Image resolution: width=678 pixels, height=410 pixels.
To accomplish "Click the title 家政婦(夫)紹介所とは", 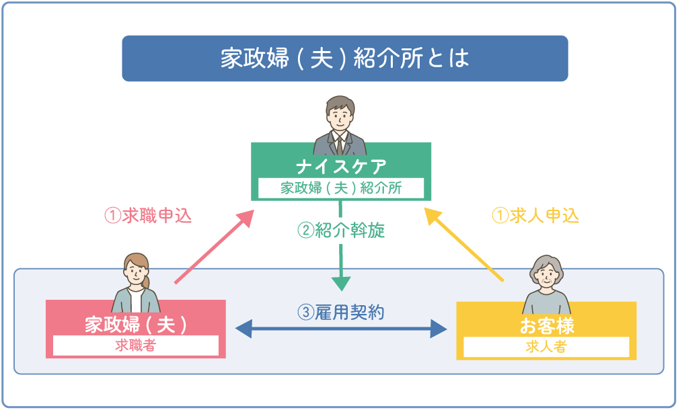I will point(344,58).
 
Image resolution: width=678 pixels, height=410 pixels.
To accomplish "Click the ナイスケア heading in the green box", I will point(340,166).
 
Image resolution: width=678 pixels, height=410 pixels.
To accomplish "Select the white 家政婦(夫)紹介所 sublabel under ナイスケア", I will point(341,188).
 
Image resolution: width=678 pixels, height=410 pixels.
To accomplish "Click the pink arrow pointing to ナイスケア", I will point(213,247).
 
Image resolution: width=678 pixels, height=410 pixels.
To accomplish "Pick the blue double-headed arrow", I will point(341,329).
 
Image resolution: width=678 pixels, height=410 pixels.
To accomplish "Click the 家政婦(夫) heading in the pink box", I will point(135,325).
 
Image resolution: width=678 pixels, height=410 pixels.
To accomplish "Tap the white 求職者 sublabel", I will point(135,345).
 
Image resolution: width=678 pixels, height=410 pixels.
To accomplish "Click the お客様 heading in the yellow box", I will point(546,326).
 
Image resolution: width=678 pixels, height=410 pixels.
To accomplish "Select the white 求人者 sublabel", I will point(546,347).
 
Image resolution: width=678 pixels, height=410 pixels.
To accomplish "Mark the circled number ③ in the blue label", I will point(305,313).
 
